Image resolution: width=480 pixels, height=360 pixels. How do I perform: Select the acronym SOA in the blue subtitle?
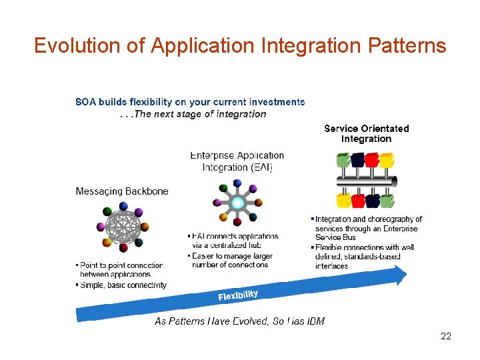(85, 102)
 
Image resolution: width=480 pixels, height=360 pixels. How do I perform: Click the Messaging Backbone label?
(122, 191)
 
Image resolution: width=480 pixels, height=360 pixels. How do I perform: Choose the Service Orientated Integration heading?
(366, 133)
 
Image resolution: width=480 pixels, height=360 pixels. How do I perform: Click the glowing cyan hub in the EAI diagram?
(237, 202)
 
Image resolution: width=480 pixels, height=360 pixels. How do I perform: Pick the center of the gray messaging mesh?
(121, 228)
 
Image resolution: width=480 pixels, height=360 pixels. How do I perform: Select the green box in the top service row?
(343, 161)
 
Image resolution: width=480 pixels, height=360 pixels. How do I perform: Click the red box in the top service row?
(372, 160)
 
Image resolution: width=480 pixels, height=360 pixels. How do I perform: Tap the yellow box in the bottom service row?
(343, 200)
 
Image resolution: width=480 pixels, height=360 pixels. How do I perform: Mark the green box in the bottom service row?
(387, 200)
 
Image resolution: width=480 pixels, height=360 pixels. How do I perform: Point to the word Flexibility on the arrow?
(238, 295)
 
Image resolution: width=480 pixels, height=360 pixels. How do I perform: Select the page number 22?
(446, 336)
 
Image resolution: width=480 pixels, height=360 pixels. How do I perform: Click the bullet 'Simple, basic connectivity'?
(123, 285)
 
